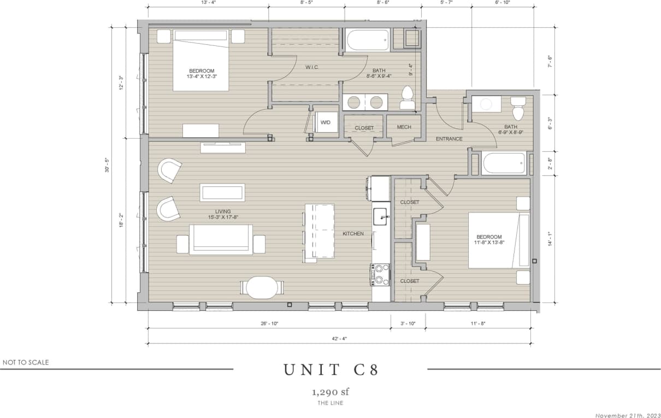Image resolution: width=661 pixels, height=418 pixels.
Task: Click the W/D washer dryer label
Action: tap(326, 122)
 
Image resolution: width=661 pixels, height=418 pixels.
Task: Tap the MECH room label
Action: tap(404, 127)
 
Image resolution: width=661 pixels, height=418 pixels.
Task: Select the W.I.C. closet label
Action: tap(312, 67)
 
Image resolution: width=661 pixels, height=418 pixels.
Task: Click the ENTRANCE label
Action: tap(449, 139)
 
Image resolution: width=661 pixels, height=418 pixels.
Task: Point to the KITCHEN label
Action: tap(353, 234)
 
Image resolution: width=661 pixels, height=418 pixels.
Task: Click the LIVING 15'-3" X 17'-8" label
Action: tap(222, 214)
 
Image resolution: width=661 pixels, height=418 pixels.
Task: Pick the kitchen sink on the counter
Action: tap(381, 216)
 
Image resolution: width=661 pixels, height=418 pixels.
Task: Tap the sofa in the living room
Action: tap(221, 239)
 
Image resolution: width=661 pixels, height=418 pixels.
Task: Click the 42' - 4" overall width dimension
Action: tap(339, 338)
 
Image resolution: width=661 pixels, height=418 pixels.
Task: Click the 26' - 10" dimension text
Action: tap(269, 323)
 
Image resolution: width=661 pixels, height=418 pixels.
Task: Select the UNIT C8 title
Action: tap(330, 370)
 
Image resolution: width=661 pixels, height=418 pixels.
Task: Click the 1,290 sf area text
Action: tap(330, 392)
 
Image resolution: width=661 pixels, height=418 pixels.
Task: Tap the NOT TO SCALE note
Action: tap(26, 362)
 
